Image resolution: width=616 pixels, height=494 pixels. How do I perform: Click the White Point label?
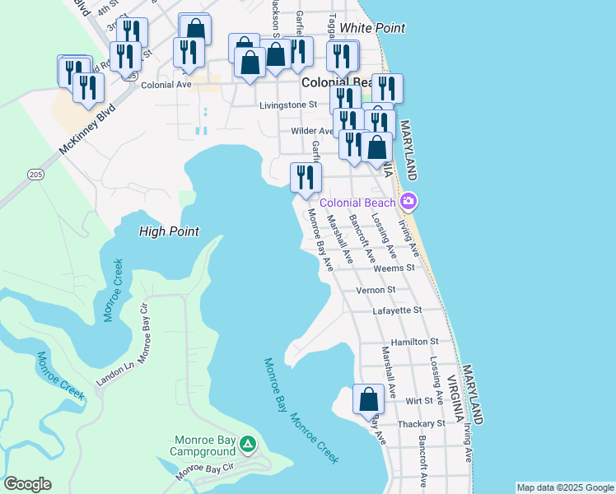(x=372, y=28)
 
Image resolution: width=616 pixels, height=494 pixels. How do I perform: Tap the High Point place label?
(x=169, y=232)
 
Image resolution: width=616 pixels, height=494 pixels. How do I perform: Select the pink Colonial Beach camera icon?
(x=408, y=202)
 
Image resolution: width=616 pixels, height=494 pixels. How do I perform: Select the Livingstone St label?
(x=288, y=105)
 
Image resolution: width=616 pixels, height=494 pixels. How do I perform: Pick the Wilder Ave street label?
(x=311, y=132)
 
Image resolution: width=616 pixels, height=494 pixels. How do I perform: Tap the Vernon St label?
(x=376, y=290)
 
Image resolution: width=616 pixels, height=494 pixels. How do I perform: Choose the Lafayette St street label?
(x=397, y=310)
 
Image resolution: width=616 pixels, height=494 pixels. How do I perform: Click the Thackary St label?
(x=418, y=423)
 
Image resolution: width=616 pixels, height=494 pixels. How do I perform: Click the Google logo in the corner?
(x=27, y=484)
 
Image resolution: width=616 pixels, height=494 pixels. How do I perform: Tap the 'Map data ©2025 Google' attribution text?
(x=564, y=487)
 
